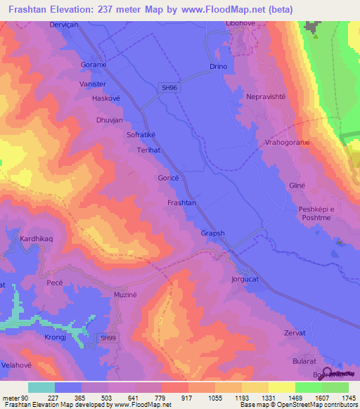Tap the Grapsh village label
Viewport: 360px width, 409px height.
(x=213, y=233)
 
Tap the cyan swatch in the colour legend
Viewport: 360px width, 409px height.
(x=41, y=387)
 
